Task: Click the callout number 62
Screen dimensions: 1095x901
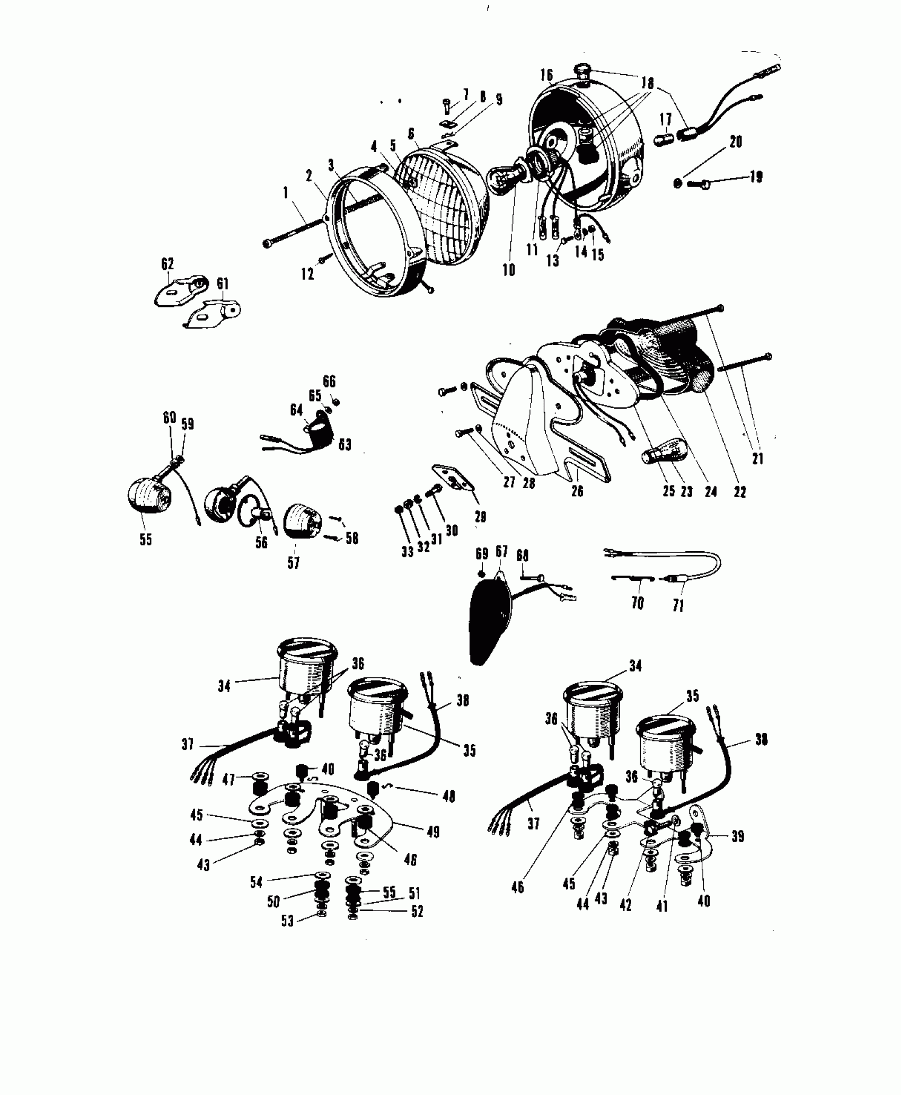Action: pos(167,264)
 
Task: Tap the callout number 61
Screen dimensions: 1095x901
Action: pos(223,284)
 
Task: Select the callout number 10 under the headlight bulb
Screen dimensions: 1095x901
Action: pos(509,270)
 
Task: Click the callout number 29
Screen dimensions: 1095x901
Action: pos(481,516)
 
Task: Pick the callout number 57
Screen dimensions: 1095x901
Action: pos(294,562)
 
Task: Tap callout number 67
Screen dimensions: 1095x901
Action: pos(501,552)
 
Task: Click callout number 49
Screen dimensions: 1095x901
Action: pos(433,832)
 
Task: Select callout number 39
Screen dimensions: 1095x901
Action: pos(737,837)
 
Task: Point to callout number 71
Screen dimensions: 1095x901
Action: pos(678,605)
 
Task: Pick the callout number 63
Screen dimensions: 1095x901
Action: pos(345,444)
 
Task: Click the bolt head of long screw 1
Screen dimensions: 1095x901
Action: pos(267,243)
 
